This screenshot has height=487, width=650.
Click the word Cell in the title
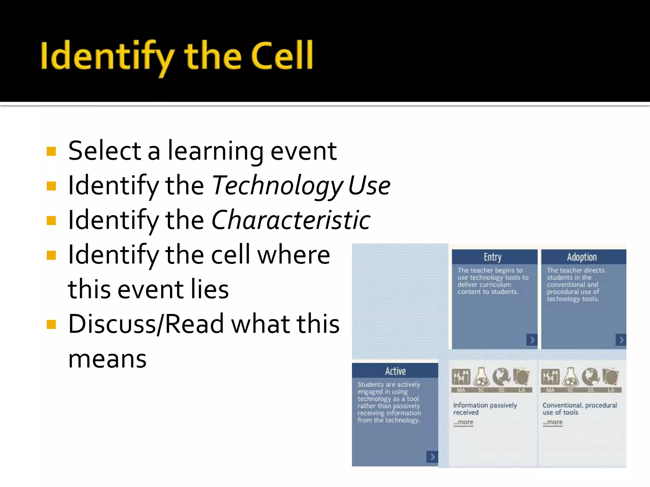[282, 56]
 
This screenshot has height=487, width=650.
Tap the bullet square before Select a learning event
[51, 151]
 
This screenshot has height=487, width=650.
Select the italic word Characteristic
[291, 220]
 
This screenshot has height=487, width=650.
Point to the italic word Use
[369, 185]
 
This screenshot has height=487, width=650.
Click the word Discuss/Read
[146, 324]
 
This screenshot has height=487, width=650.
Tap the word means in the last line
[107, 359]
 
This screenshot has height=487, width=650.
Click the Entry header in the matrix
[493, 257]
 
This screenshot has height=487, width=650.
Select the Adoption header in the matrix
[582, 257]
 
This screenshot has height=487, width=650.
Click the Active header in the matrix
[395, 371]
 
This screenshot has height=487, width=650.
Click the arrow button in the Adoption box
[621, 340]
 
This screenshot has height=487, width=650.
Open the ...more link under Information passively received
[463, 422]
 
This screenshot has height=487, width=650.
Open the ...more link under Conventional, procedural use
[553, 422]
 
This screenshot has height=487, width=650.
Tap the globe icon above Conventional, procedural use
[591, 377]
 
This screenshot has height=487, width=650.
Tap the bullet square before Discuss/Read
[51, 324]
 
